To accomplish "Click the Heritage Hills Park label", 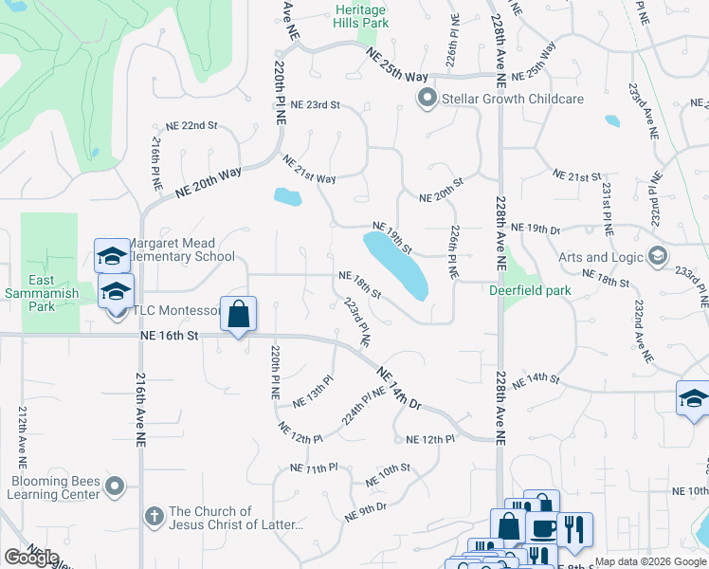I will click(361, 14).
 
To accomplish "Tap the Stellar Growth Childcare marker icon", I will click(427, 98).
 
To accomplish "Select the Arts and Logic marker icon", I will click(658, 256).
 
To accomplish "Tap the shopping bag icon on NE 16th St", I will click(239, 314).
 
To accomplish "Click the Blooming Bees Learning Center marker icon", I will click(115, 487).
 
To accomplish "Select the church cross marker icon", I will click(154, 518).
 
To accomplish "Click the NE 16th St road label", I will click(170, 335).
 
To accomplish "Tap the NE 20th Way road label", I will click(209, 181).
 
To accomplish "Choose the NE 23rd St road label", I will click(315, 104).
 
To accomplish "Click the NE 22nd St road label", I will click(186, 125).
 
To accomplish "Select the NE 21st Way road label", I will click(309, 171).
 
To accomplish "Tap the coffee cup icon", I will click(542, 529).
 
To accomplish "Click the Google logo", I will click(31, 558).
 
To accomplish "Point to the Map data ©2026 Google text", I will click(650, 561).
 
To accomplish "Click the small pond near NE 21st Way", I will click(287, 197).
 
